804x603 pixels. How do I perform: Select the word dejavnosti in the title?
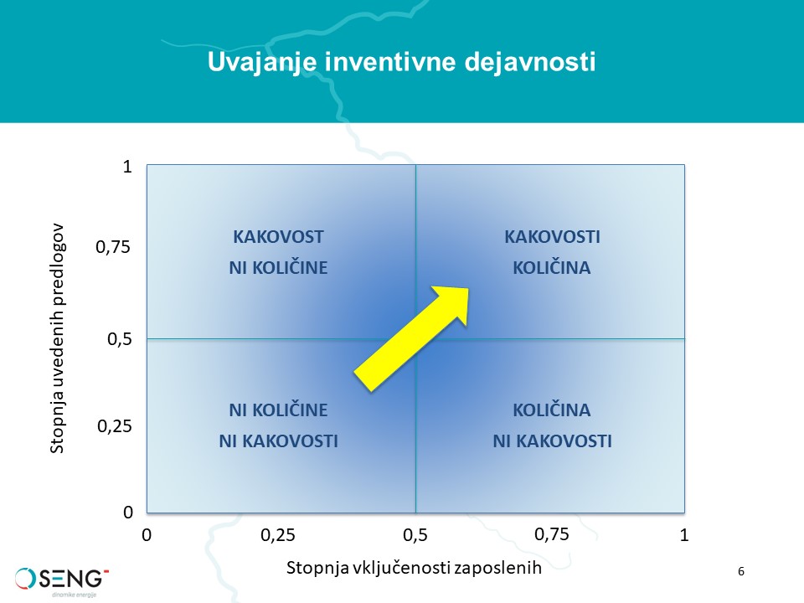click(x=530, y=61)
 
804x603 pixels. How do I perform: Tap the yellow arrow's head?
click(x=453, y=303)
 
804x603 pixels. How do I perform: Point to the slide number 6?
click(x=741, y=571)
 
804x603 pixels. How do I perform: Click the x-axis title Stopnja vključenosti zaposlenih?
click(x=414, y=569)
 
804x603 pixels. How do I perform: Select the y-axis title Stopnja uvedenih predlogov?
click(x=57, y=338)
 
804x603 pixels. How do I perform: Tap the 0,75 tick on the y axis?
click(x=113, y=247)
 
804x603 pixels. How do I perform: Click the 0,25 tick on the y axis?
click(x=115, y=426)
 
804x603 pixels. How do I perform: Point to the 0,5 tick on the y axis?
click(x=120, y=339)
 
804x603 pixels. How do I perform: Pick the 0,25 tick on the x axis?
click(x=278, y=535)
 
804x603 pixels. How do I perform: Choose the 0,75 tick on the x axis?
click(x=552, y=535)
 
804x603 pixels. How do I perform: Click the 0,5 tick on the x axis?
click(x=415, y=535)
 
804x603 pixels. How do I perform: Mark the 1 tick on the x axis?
click(x=684, y=535)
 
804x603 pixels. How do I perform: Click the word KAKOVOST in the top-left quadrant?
click(x=278, y=237)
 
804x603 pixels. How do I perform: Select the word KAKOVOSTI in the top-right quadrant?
click(x=552, y=237)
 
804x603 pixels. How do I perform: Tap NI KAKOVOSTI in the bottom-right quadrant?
click(x=552, y=441)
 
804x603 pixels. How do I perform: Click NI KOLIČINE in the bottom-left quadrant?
click(x=278, y=410)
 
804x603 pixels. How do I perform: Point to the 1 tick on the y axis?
click(x=127, y=167)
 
